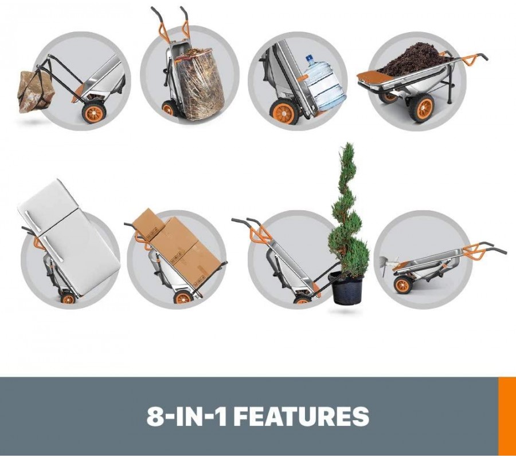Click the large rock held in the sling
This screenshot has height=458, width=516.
pos(36,91)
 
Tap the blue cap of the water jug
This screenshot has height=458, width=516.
pos(310,60)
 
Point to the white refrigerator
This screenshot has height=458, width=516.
pos(69,236)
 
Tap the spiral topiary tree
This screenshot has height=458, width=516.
pos(349,210)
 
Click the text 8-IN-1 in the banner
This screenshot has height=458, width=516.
pos(186,416)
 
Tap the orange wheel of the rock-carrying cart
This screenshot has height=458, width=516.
pos(94,112)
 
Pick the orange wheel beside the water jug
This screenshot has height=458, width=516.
pos(284,112)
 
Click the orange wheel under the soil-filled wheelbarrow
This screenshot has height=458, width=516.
pos(421,108)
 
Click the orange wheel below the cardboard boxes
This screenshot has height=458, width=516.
pos(183,297)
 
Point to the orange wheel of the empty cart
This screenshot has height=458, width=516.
pos(404,285)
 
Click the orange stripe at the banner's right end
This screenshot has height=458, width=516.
pos(507,416)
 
